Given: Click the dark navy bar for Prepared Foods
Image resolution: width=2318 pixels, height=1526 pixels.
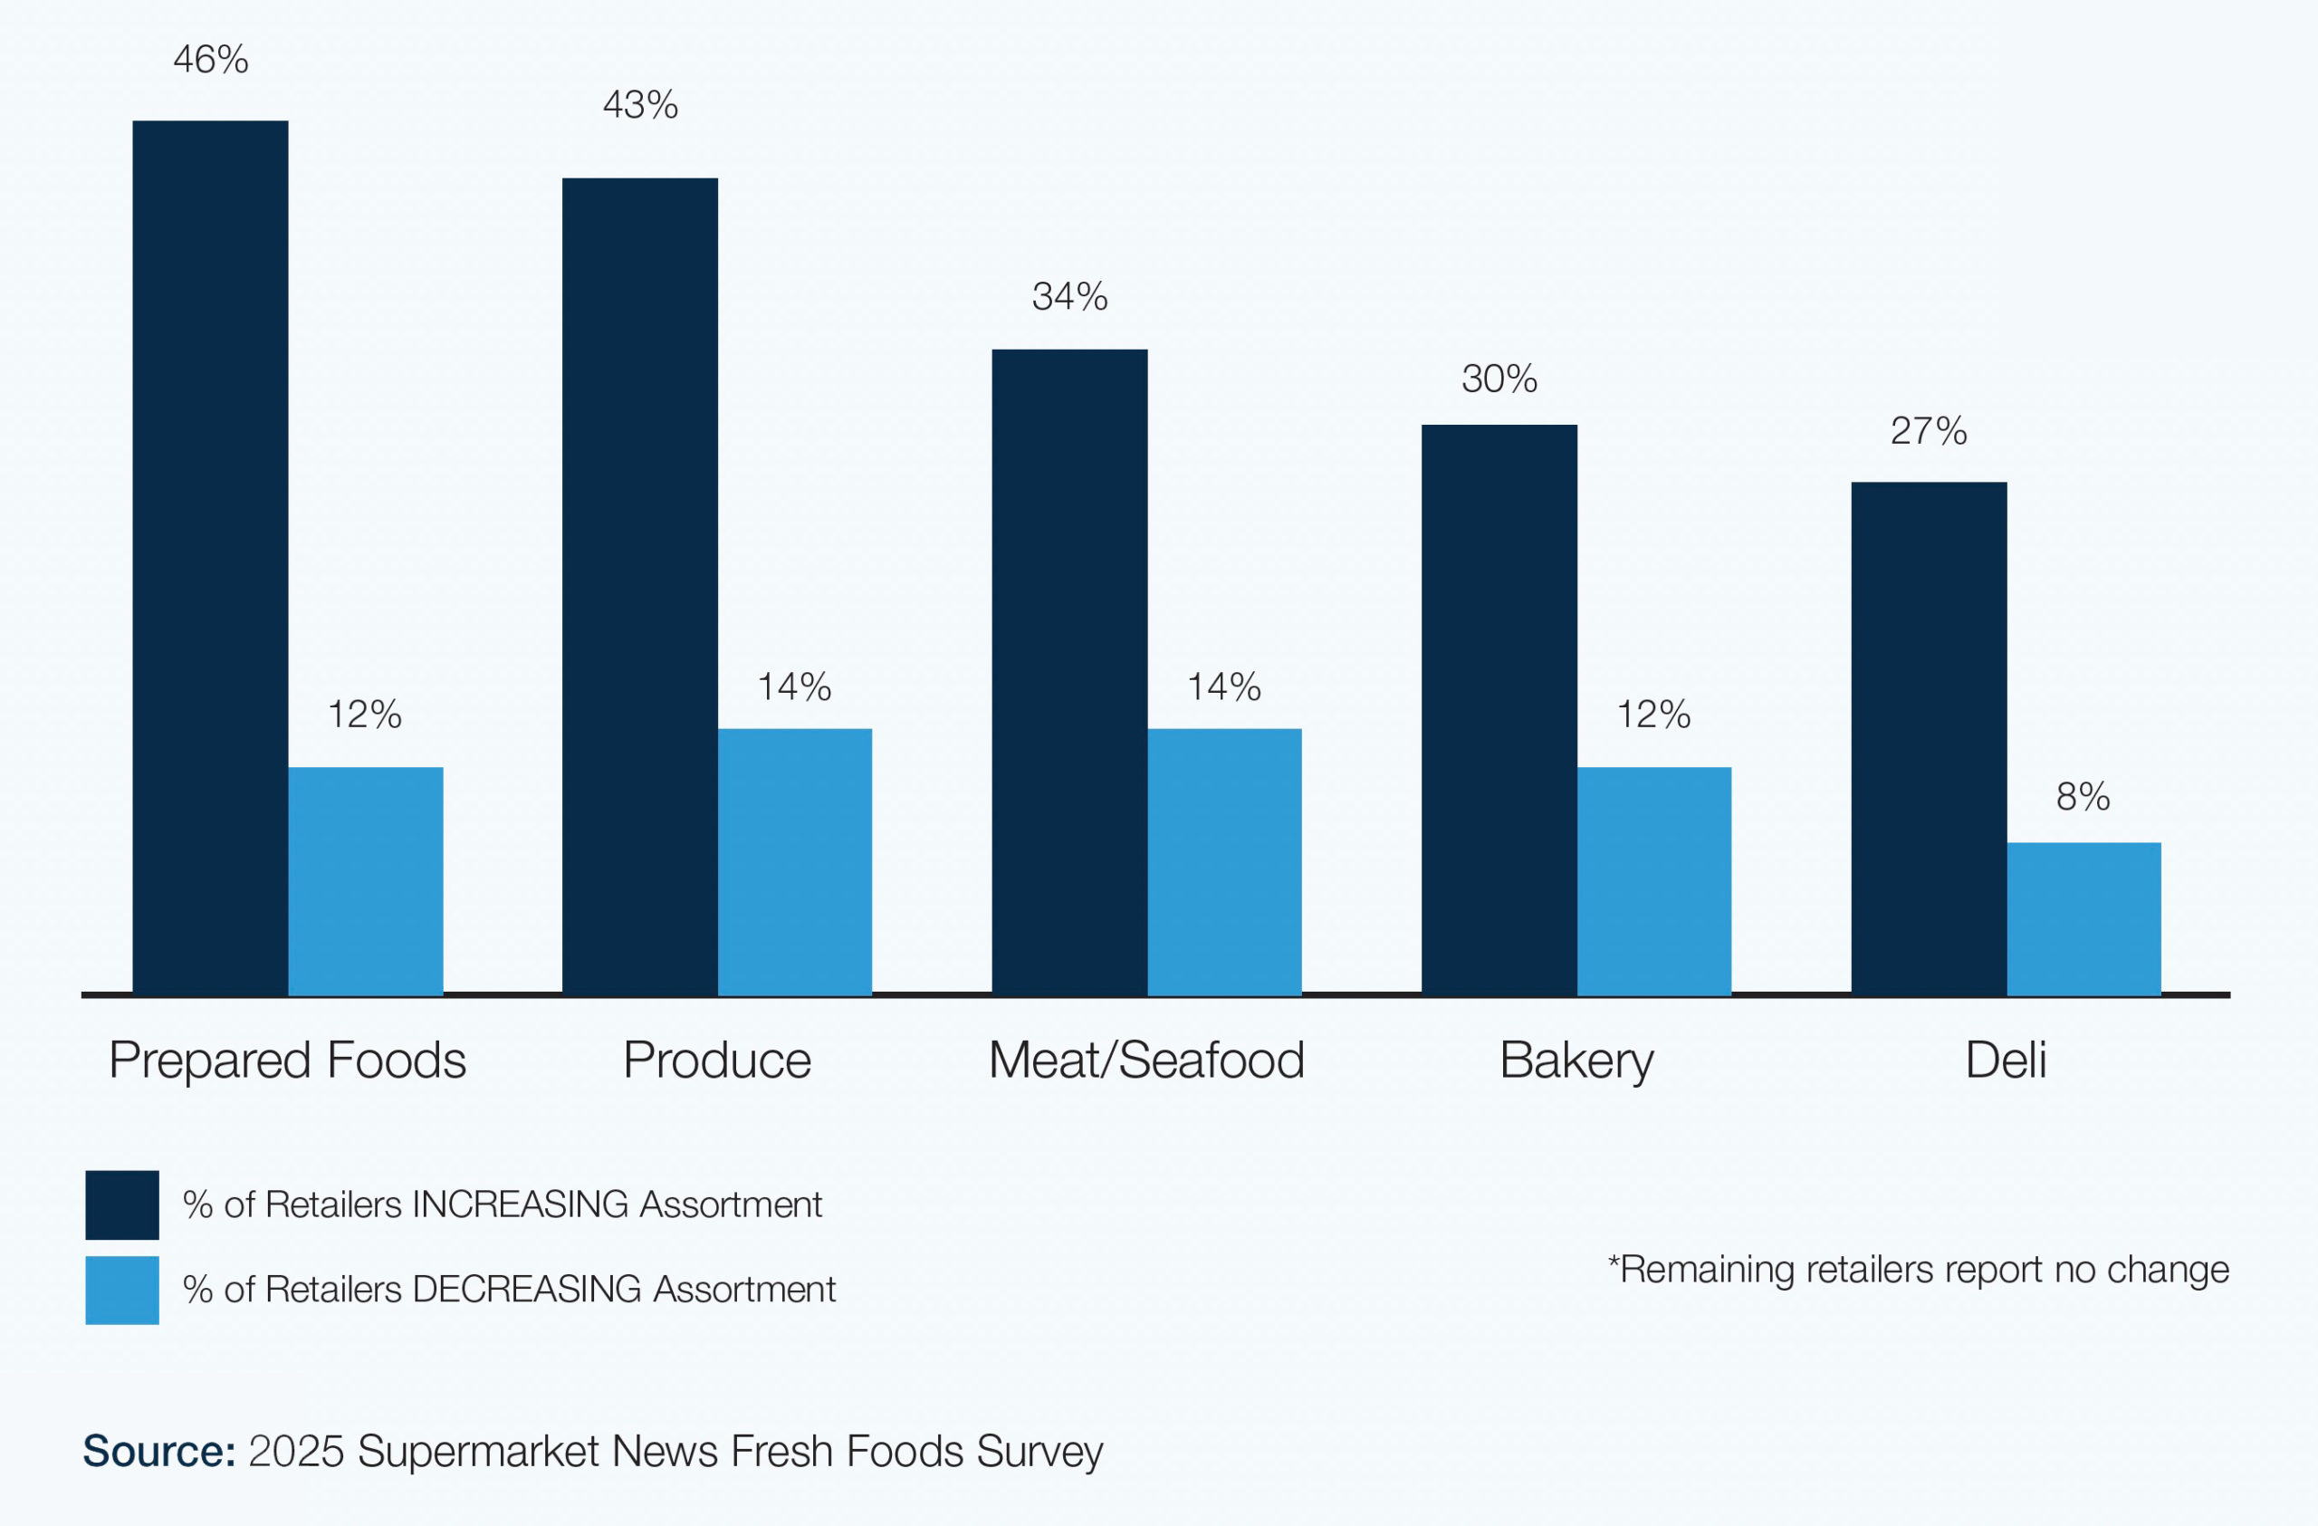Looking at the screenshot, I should tap(210, 557).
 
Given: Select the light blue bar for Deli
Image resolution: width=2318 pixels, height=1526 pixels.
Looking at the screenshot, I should tap(2083, 918).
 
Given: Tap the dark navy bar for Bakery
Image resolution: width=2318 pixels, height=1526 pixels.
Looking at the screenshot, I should tap(1499, 709).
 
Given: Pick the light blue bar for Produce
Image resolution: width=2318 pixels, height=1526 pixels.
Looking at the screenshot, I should tap(795, 862).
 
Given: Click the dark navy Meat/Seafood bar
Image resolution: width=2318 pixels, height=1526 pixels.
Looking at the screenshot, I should tap(1069, 672).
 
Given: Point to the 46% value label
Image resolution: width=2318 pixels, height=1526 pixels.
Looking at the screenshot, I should tap(210, 60).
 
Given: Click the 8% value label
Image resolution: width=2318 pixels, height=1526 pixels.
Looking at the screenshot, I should tap(2083, 797).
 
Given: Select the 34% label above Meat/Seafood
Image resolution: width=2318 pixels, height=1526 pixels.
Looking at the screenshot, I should tap(1069, 296).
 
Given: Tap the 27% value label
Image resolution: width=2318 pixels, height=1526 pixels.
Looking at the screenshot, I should tap(1929, 430).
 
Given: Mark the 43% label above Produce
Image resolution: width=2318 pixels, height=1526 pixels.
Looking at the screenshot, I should tap(640, 104).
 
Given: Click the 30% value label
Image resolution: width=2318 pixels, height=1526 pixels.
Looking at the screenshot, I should tap(1499, 379).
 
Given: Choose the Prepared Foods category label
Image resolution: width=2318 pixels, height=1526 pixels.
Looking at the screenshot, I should tap(287, 1060).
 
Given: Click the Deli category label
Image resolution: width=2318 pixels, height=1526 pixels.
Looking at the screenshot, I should tap(2006, 1060).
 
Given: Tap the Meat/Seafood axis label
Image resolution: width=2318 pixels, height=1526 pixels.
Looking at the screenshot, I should tap(1146, 1060).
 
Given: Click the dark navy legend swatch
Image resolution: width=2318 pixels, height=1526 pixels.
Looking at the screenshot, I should tap(121, 1204).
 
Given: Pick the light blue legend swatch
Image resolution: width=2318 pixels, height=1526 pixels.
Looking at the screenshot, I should tap(121, 1290).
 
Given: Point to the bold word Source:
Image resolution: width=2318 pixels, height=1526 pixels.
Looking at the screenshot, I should tap(158, 1451).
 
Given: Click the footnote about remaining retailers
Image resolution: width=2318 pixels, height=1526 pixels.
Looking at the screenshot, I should tap(1918, 1270).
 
